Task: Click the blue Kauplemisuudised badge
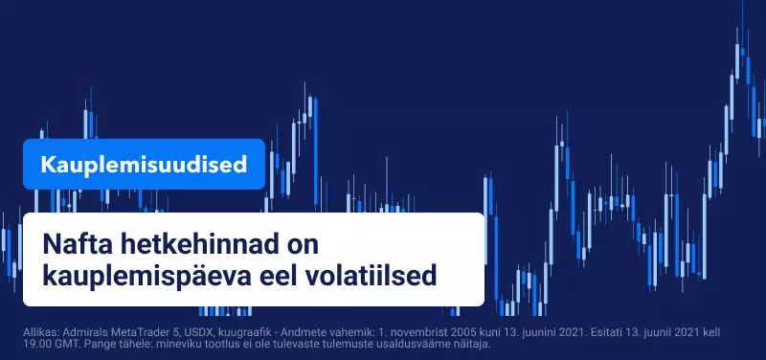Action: (144, 164)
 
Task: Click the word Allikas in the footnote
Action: (41, 332)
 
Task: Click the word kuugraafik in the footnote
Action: (241, 333)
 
